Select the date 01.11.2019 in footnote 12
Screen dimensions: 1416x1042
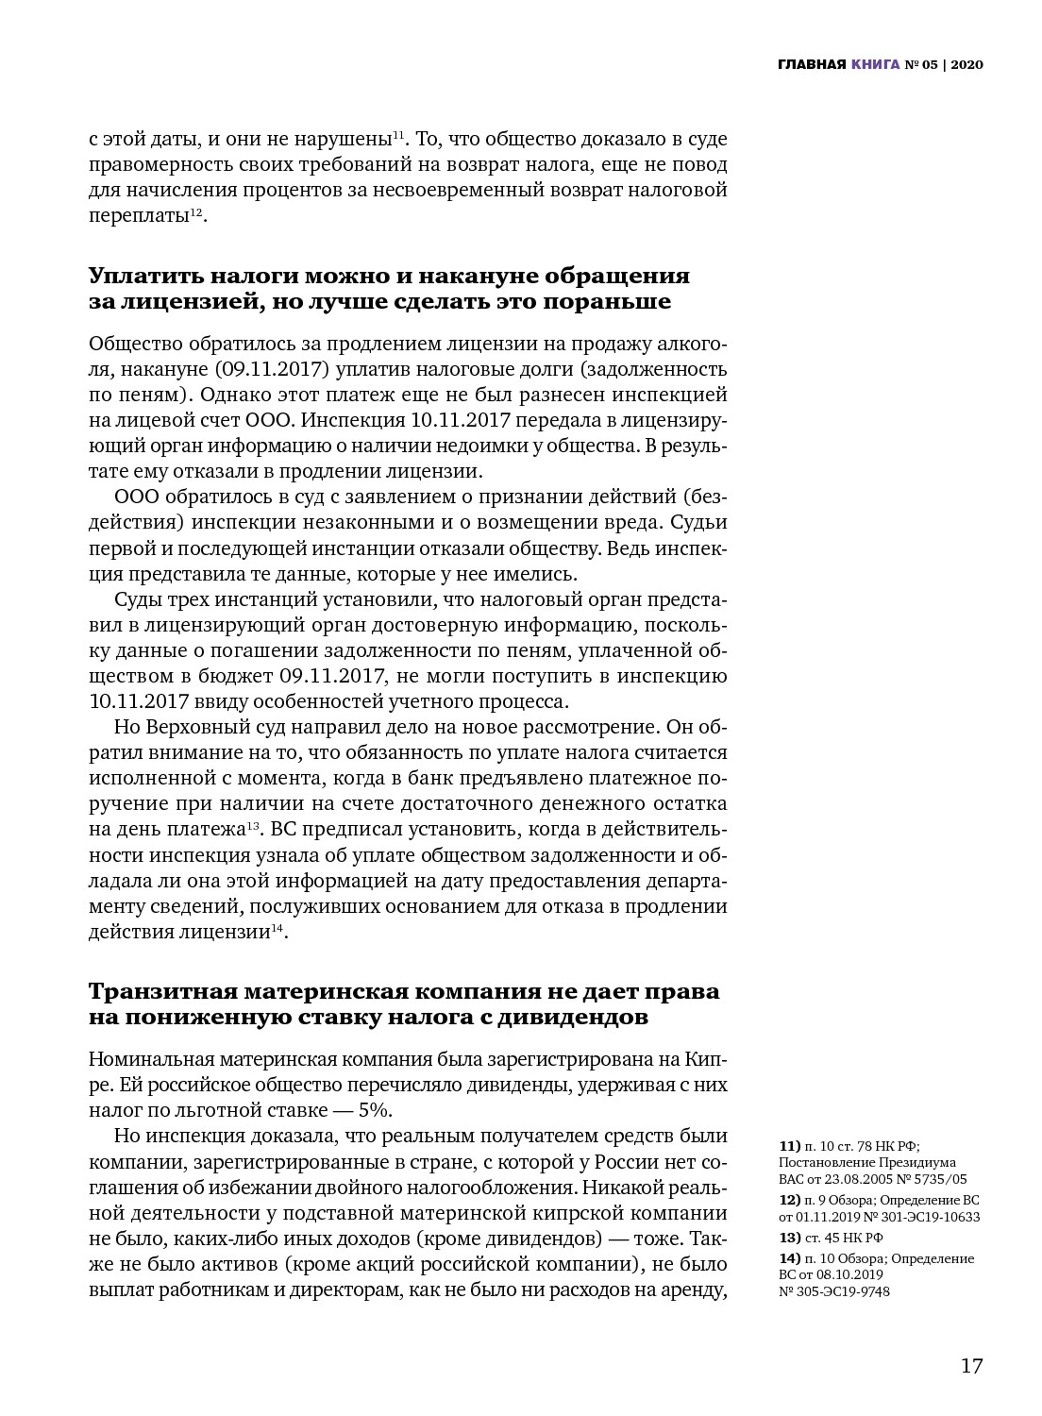click(832, 1217)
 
